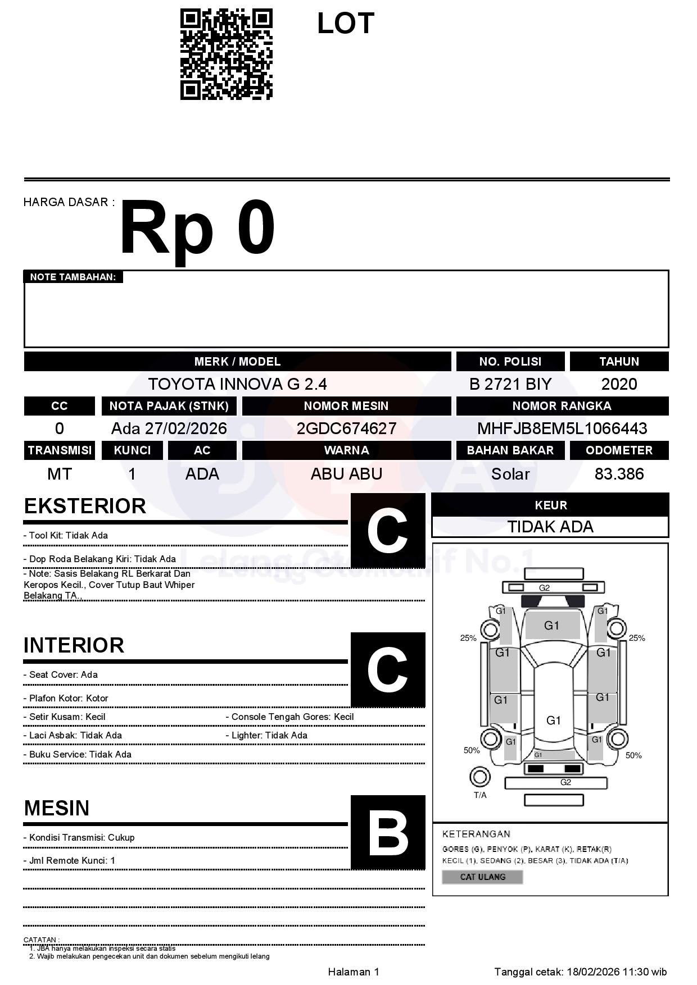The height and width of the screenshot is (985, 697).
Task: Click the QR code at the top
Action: (x=226, y=54)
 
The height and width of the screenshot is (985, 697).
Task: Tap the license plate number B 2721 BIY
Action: (x=510, y=384)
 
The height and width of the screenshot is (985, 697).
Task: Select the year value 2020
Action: (x=619, y=384)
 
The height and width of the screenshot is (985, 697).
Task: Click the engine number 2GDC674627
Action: (x=346, y=428)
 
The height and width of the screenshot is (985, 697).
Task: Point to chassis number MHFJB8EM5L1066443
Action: (x=562, y=428)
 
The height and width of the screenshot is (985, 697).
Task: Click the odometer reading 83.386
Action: (x=619, y=474)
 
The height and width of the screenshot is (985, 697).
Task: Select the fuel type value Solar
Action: (x=510, y=474)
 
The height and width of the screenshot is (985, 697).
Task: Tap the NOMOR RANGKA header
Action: (x=562, y=406)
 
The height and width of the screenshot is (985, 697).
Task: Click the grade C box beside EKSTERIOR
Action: (x=388, y=531)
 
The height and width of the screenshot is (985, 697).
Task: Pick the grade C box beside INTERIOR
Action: (x=388, y=669)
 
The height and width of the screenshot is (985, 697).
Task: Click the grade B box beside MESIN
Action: (x=388, y=832)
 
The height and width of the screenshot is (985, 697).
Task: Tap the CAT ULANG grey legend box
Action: (x=482, y=877)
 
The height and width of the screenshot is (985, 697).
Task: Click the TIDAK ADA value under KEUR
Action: (x=550, y=527)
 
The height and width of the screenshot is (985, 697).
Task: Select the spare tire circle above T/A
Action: (x=479, y=777)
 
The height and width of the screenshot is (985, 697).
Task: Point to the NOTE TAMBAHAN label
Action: (x=73, y=277)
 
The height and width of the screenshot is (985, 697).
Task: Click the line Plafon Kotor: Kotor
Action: (x=69, y=698)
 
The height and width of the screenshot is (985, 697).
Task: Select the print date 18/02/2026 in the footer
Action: (x=592, y=972)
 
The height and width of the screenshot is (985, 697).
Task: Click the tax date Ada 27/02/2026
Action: (x=169, y=428)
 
